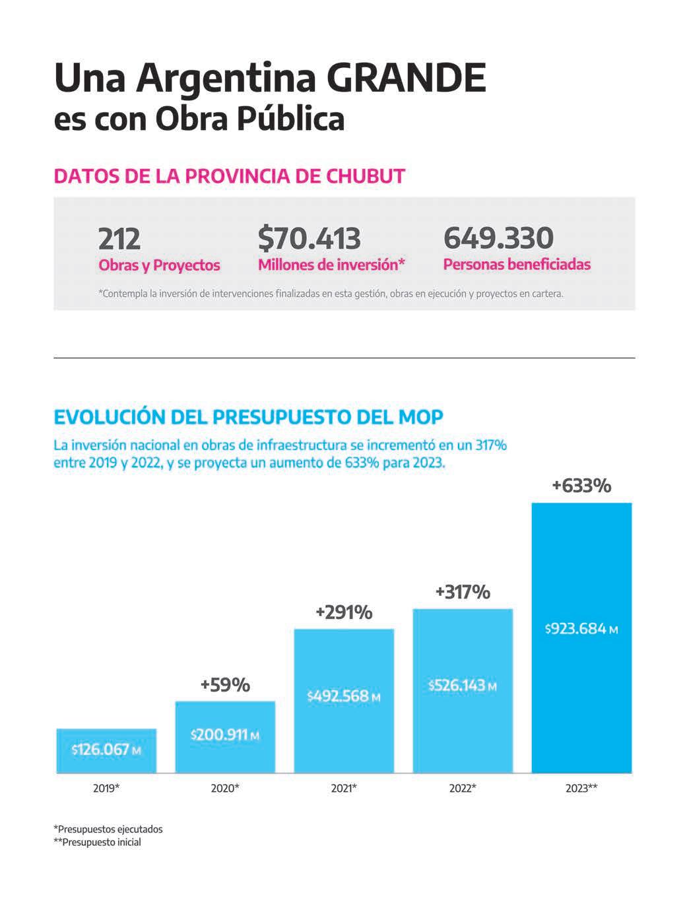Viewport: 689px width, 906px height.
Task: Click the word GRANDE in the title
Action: pyautogui.click(x=406, y=79)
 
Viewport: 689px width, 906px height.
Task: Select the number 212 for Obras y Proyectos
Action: pyautogui.click(x=119, y=238)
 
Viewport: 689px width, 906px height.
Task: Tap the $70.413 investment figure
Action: pyautogui.click(x=309, y=238)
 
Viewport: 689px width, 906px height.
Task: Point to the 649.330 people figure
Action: pyautogui.click(x=498, y=238)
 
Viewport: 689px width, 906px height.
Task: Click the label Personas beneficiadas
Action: pyautogui.click(x=517, y=265)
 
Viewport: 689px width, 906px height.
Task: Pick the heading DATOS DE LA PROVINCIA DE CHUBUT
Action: pyautogui.click(x=229, y=177)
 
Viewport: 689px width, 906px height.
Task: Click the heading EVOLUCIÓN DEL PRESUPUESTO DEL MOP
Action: pyautogui.click(x=248, y=417)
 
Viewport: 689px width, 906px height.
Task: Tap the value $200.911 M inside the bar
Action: pyautogui.click(x=225, y=734)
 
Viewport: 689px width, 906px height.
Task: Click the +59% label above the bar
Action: pyautogui.click(x=225, y=685)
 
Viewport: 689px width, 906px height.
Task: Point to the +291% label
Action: pyautogui.click(x=344, y=612)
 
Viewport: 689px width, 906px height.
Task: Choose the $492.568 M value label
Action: pyautogui.click(x=344, y=696)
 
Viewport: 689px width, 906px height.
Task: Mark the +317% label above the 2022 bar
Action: pyautogui.click(x=463, y=592)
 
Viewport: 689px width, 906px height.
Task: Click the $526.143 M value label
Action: pyautogui.click(x=463, y=686)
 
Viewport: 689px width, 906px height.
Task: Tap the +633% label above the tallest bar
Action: pyautogui.click(x=581, y=486)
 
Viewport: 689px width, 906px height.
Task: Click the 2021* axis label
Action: pyautogui.click(x=344, y=788)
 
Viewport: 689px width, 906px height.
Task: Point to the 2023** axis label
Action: pyautogui.click(x=581, y=788)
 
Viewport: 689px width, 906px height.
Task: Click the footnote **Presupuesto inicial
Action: pyautogui.click(x=97, y=842)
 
